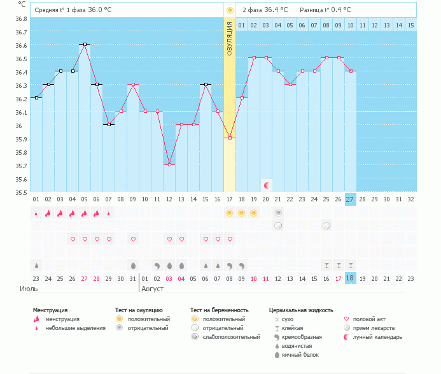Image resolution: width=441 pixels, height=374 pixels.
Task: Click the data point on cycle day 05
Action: (84, 45)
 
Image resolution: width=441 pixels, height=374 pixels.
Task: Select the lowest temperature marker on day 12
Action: (169, 165)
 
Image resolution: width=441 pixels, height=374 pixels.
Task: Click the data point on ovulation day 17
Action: (230, 138)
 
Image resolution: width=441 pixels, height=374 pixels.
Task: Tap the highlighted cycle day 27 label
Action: (351, 199)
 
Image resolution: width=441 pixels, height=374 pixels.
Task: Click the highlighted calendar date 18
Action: (351, 278)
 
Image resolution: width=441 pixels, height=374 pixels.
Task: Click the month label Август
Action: (152, 289)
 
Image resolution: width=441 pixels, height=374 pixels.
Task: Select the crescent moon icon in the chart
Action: (267, 185)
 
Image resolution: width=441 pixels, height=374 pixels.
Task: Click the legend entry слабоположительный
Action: (227, 336)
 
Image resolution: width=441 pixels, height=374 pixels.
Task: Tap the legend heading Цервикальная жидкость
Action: (301, 310)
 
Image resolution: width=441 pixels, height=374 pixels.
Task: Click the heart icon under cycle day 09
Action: (133, 239)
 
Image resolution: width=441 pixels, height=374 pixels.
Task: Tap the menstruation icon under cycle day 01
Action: (36, 213)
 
